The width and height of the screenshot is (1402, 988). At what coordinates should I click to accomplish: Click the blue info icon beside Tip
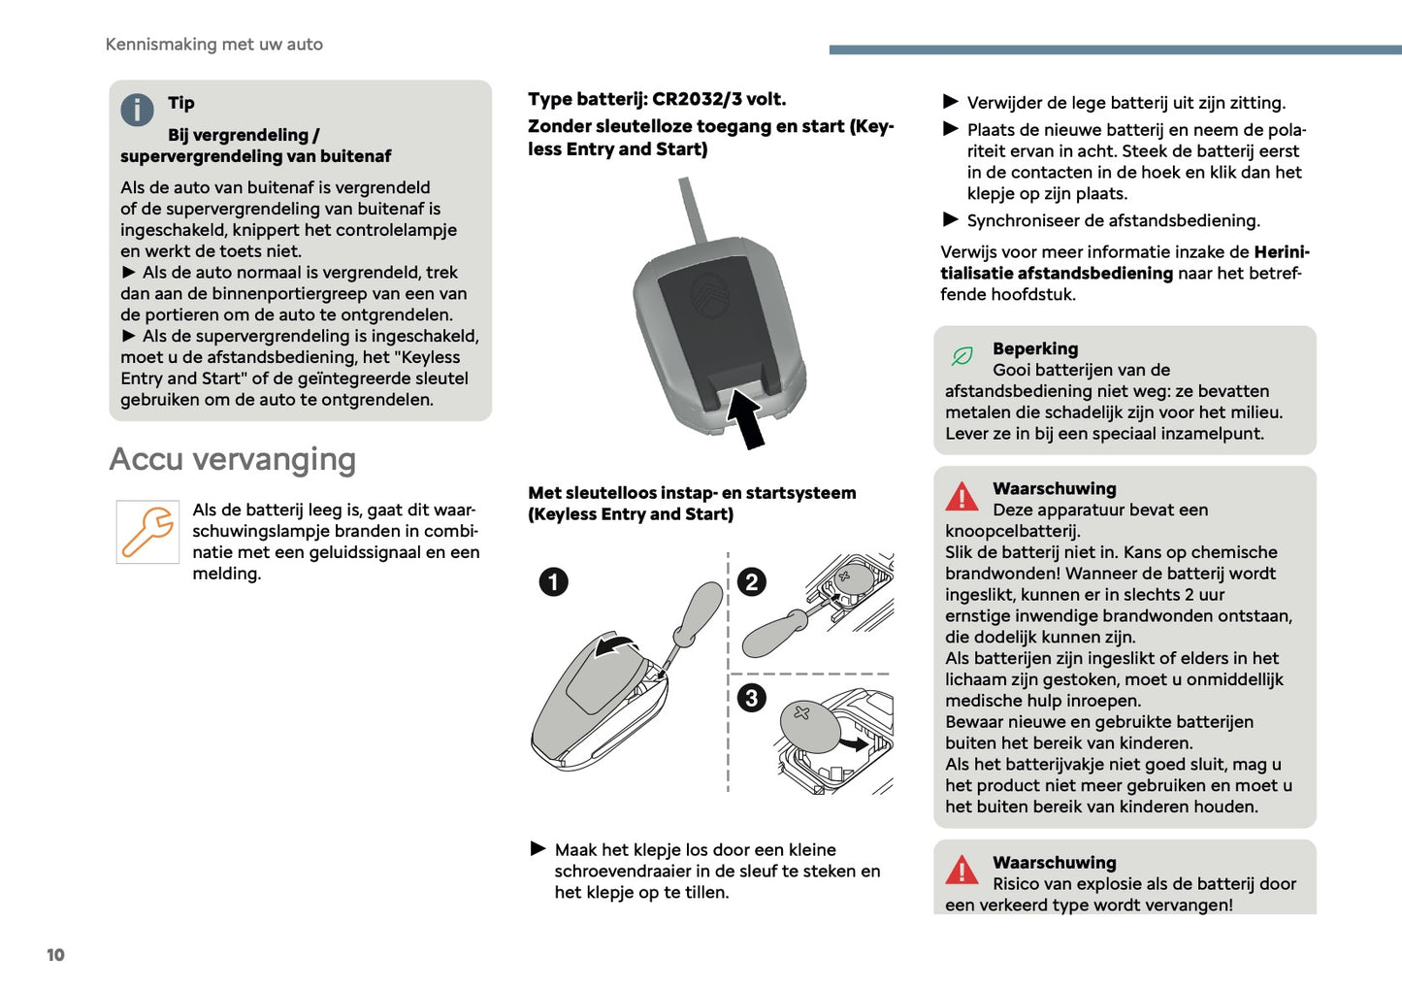point(137,110)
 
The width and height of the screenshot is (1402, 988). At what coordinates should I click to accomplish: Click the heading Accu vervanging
point(232,459)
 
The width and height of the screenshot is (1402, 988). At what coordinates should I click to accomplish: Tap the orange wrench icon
point(147,532)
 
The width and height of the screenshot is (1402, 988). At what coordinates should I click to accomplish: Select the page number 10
point(55,955)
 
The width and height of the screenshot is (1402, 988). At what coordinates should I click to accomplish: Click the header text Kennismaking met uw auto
point(213,45)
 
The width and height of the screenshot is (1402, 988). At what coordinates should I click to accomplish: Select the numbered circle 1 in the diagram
point(553,582)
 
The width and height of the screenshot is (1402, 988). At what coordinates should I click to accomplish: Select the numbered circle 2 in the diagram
point(751,582)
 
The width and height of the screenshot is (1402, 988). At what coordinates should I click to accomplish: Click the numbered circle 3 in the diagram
point(751,698)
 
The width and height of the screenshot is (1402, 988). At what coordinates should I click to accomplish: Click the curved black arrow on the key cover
point(615,645)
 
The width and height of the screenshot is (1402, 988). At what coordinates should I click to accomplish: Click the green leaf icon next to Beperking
point(962,356)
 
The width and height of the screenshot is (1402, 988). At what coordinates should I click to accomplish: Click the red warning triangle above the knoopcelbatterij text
point(962,497)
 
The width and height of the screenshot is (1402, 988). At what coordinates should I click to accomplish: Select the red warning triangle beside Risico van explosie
point(962,870)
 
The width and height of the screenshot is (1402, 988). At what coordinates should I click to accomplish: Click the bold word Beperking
point(1034,348)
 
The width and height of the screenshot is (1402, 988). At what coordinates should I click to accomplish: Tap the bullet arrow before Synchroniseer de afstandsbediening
point(951,220)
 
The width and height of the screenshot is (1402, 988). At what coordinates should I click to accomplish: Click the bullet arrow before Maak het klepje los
point(538,849)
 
